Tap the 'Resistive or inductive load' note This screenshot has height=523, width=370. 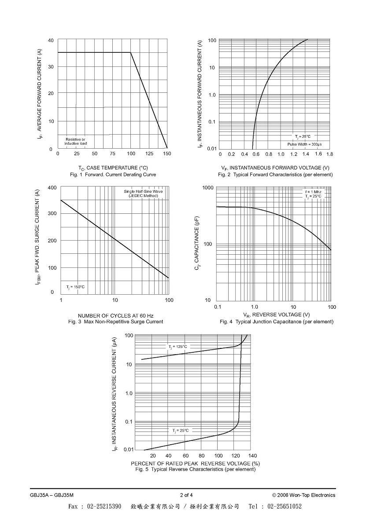75,141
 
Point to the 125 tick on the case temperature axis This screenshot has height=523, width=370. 149,154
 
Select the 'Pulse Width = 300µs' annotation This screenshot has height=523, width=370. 304,144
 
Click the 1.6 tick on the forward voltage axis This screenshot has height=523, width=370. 318,154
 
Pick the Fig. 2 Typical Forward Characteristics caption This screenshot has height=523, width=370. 275,175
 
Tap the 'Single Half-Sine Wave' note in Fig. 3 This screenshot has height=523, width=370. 143,191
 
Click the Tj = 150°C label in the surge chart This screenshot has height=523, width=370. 75,287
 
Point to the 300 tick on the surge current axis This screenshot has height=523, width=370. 52,213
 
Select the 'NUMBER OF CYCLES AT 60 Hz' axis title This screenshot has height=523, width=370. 115,315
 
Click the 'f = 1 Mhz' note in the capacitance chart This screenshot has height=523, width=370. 313,192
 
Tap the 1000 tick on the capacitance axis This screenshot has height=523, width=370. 208,187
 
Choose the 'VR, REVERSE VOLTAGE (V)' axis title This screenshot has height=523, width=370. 277,315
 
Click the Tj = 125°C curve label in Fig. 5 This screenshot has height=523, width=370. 178,347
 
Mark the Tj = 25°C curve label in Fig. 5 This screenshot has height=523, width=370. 180,431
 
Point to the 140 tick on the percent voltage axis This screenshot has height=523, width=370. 252,456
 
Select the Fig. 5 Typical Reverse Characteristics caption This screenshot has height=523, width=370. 196,469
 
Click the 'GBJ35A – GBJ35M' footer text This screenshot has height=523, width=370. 49,495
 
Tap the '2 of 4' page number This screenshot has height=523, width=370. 186,495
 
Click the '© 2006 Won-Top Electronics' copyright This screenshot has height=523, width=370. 303,495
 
